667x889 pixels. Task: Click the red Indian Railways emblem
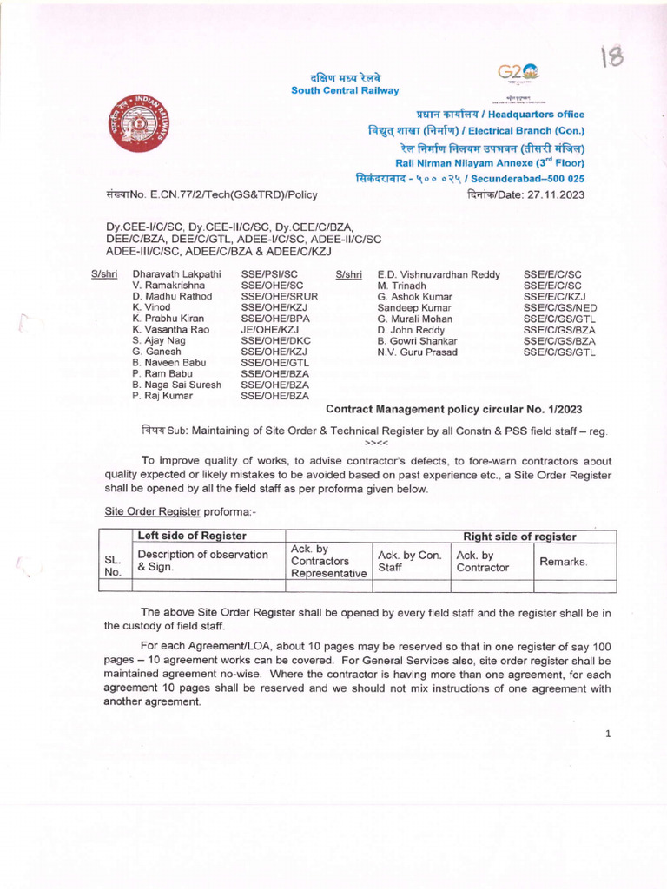(x=140, y=123)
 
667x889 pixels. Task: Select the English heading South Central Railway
(x=345, y=90)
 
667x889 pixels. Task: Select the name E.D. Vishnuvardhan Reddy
(x=439, y=274)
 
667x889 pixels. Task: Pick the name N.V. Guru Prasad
(x=417, y=352)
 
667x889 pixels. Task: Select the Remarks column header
(x=564, y=563)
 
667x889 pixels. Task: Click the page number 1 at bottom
(x=608, y=734)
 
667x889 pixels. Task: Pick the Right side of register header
(x=519, y=537)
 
